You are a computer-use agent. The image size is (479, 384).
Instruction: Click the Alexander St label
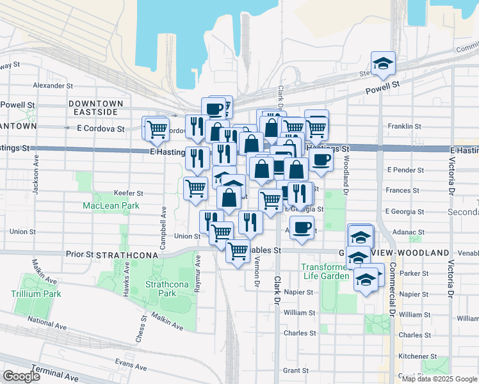point(53,85)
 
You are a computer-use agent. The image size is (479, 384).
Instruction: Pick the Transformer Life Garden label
point(329,272)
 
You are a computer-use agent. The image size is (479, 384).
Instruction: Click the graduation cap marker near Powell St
point(384,63)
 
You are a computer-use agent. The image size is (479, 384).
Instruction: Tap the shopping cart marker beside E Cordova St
point(156,129)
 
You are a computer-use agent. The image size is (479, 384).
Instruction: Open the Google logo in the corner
point(22,376)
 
